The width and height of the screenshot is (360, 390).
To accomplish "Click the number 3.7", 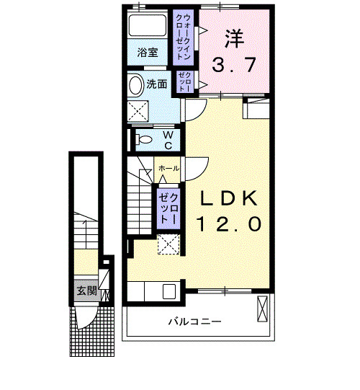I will pyautogui.click(x=233, y=66).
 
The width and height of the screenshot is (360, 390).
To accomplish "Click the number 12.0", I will pyautogui.click(x=228, y=224).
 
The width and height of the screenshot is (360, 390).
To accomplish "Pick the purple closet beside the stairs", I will pyautogui.click(x=168, y=206).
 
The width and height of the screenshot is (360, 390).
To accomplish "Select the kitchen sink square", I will pyautogui.click(x=170, y=292).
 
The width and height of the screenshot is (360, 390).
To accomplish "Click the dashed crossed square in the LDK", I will pyautogui.click(x=169, y=244).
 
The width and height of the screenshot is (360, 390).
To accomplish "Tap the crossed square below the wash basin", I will pyautogui.click(x=139, y=111).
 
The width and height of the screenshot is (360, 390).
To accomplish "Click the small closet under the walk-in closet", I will pyautogui.click(x=184, y=80).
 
